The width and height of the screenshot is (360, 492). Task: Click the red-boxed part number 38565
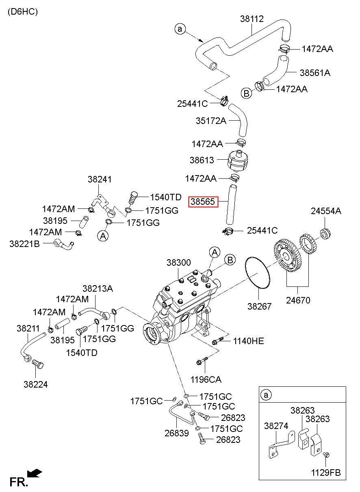point(203,202)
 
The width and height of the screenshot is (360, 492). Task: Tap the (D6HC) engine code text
point(23,12)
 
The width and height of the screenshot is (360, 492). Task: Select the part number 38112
point(252,19)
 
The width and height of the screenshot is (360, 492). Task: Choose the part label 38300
point(178,262)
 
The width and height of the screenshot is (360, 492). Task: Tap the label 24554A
point(326,211)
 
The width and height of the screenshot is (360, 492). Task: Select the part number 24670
point(298,300)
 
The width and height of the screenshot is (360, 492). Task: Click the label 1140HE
point(248,341)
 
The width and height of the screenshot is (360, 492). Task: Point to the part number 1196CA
point(206,379)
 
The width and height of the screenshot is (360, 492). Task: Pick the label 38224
point(36,384)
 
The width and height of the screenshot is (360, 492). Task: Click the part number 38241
point(100,180)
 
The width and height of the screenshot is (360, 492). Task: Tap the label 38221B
point(25,244)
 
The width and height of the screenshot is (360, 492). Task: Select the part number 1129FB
point(326,472)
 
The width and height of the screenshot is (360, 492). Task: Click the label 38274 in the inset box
point(276,426)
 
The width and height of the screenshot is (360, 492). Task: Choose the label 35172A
point(211,121)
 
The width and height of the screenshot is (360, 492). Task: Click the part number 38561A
point(315,73)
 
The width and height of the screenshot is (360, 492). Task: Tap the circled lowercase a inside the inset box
point(266,395)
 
